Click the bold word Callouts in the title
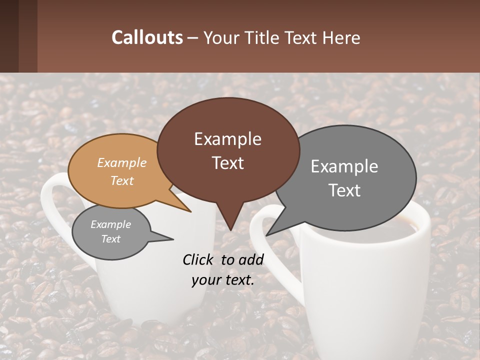coord(147,37)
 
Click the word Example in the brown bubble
coord(227,139)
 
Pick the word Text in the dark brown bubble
coord(227,163)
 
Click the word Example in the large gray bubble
coord(344,166)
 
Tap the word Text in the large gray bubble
coord(344,190)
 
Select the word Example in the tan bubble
coord(122,162)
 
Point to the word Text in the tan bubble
coord(122,180)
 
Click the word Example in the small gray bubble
coord(110,224)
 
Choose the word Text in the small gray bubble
coord(110,239)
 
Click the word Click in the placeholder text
coord(199,259)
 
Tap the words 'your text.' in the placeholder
coord(222,280)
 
